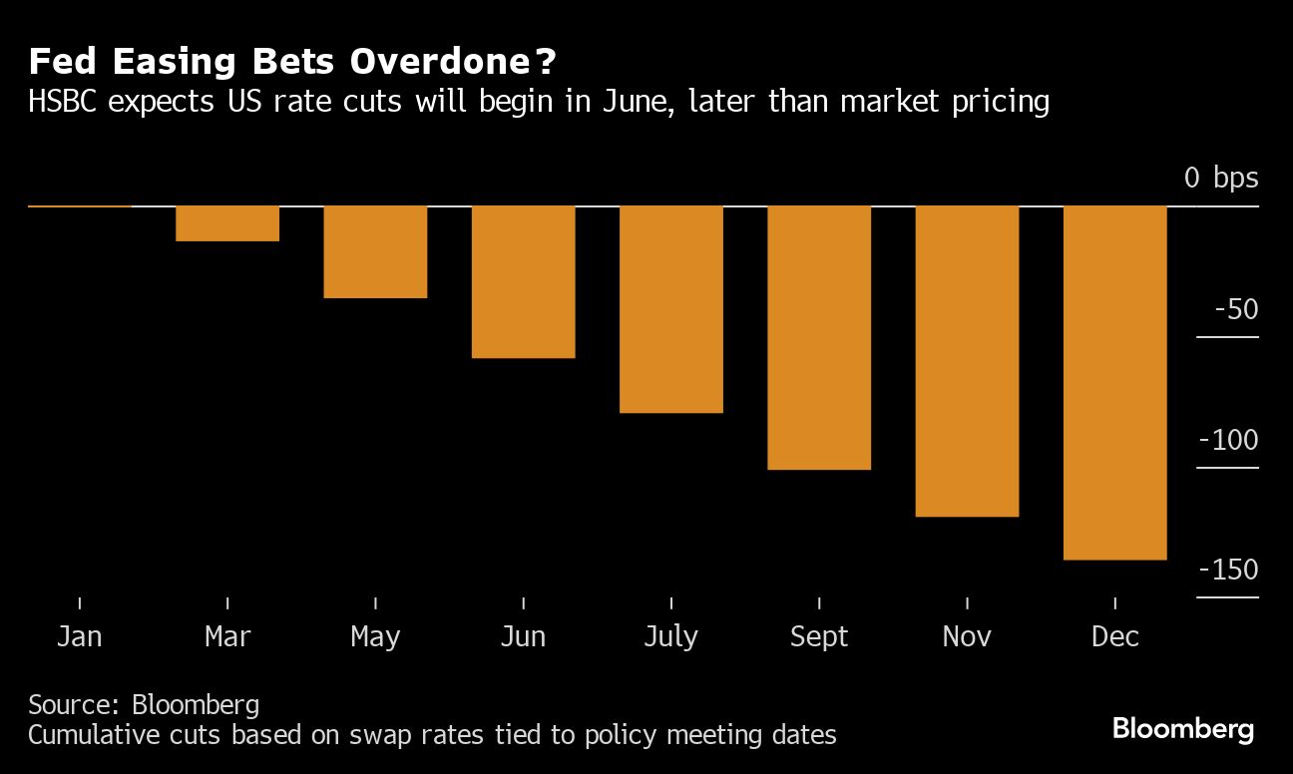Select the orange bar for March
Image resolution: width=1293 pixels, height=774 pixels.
click(227, 223)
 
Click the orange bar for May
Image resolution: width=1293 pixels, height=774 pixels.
click(375, 251)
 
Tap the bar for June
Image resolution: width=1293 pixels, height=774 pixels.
click(523, 281)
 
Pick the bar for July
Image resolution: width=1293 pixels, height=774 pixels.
click(670, 309)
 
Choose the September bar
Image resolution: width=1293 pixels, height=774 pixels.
click(819, 337)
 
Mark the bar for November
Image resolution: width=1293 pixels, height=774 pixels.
click(967, 361)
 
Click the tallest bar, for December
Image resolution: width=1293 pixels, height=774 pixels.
click(1114, 383)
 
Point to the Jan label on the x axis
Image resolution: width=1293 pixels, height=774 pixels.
click(79, 636)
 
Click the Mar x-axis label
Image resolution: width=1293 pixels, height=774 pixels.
click(227, 636)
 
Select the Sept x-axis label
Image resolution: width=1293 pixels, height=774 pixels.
click(819, 636)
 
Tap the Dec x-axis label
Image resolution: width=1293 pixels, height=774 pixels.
click(1114, 636)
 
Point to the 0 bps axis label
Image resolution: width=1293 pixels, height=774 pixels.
click(1221, 179)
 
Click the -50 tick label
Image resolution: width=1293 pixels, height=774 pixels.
click(1236, 309)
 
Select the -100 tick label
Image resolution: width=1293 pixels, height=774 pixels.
click(1228, 440)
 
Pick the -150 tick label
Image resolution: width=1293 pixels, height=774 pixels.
click(1228, 570)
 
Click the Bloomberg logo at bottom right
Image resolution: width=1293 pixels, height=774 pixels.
click(1183, 729)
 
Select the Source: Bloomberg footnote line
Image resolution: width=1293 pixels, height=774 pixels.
click(144, 705)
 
